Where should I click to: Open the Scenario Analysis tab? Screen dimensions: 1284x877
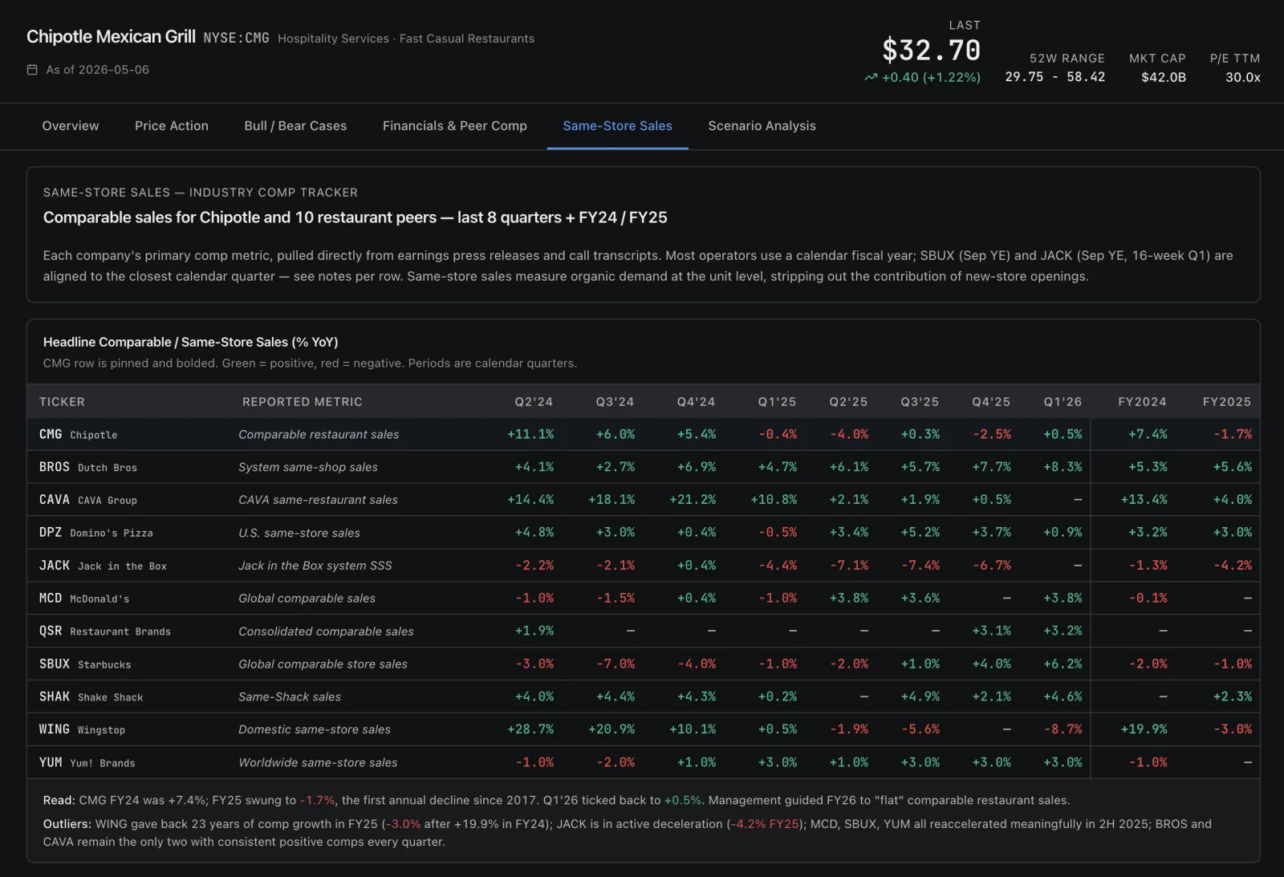(762, 125)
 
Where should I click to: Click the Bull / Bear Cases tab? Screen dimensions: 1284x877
(295, 125)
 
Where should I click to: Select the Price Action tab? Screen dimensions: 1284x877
(172, 125)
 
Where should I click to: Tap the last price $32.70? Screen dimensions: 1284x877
(931, 50)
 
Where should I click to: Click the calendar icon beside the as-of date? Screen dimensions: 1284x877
(32, 69)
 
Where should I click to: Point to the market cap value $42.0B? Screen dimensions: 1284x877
(1163, 77)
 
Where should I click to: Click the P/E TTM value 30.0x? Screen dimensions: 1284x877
(1242, 77)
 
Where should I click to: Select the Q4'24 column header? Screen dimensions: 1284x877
(696, 401)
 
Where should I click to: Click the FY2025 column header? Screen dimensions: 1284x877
(1227, 401)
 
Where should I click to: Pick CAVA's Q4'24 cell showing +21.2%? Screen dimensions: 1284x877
(693, 499)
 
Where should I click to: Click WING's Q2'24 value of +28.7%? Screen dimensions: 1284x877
(530, 729)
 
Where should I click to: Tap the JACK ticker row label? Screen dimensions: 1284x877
(54, 565)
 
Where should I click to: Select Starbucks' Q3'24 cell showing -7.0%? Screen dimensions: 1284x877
(615, 664)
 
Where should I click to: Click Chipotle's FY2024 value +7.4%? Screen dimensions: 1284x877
(1147, 434)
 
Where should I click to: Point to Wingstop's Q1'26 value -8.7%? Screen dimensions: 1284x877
(1063, 729)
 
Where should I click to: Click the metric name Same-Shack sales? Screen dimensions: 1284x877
(290, 696)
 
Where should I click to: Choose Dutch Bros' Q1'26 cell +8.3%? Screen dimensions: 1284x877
(1063, 467)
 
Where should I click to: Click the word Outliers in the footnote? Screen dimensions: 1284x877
(67, 824)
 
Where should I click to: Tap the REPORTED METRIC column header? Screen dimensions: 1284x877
(302, 401)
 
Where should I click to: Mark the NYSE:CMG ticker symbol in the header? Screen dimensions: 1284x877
(236, 38)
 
